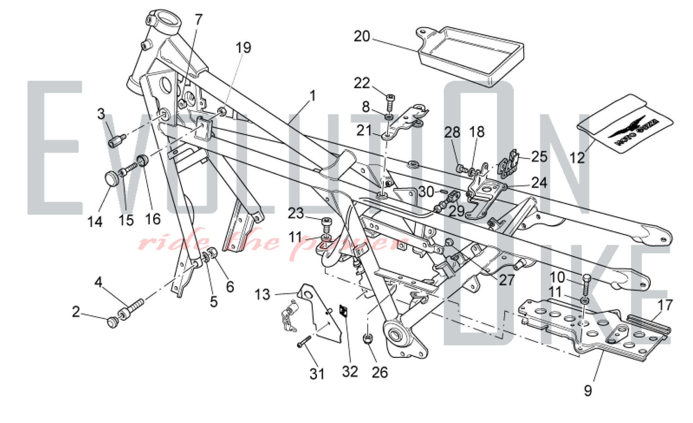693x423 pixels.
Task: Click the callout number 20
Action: click(x=362, y=36)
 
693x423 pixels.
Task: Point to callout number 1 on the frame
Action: click(x=313, y=96)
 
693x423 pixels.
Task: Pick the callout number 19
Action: click(x=243, y=48)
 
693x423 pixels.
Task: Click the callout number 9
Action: click(x=588, y=391)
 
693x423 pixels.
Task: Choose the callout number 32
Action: click(x=350, y=371)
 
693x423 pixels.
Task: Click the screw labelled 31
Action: click(x=303, y=342)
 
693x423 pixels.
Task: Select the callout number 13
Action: click(x=262, y=294)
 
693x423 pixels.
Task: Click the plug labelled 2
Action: click(x=112, y=322)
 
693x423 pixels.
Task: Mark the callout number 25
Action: click(x=539, y=157)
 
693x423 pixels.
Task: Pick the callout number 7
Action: click(x=198, y=19)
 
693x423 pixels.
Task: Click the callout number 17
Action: click(x=665, y=305)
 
